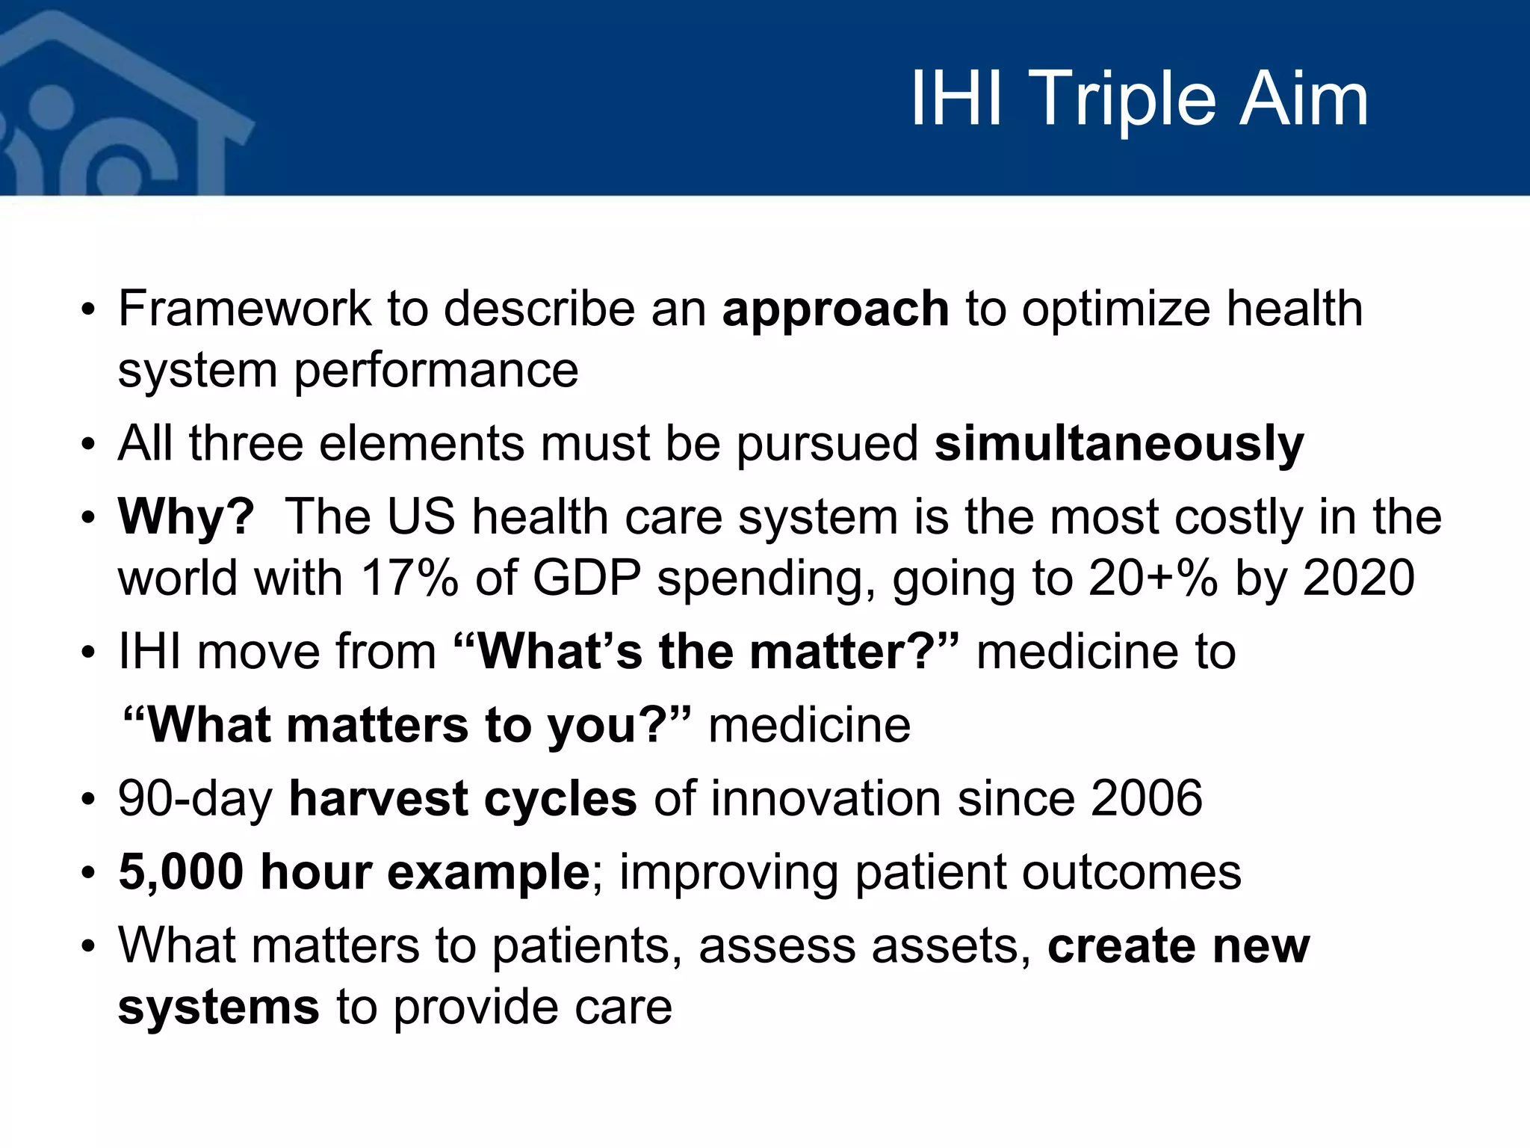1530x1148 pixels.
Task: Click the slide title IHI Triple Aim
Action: pos(1139,99)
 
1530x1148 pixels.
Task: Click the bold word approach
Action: pos(835,309)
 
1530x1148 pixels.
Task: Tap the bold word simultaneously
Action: pos(1118,444)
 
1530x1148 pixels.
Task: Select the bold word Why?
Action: pos(186,517)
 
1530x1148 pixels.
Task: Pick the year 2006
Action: pos(1146,798)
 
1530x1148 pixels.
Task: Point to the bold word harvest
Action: pos(378,798)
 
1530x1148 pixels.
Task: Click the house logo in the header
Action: pos(112,105)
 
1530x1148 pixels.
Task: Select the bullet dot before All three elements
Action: pos(89,445)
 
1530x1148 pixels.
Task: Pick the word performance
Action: pos(436,371)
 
